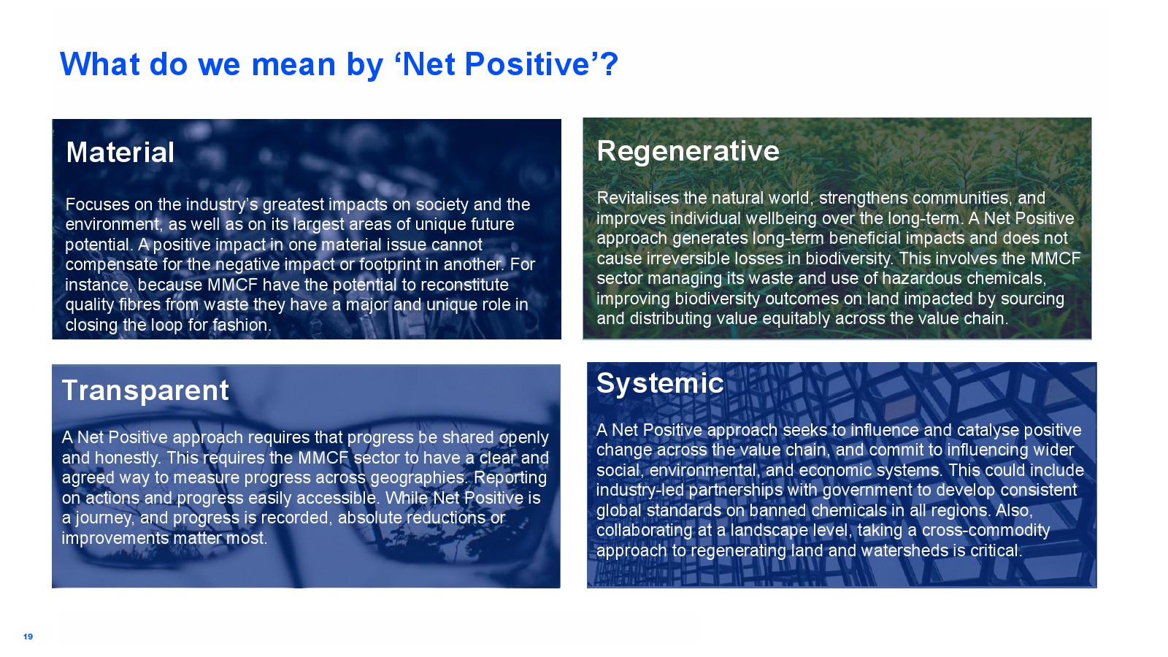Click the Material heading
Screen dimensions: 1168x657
pos(120,153)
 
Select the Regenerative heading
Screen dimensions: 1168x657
pos(688,152)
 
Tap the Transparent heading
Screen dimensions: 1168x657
pos(145,391)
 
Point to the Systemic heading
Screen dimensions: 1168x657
pos(660,383)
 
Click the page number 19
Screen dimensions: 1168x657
pos(28,637)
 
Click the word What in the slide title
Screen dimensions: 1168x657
pos(100,64)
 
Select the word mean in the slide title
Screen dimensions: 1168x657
pos(293,65)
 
